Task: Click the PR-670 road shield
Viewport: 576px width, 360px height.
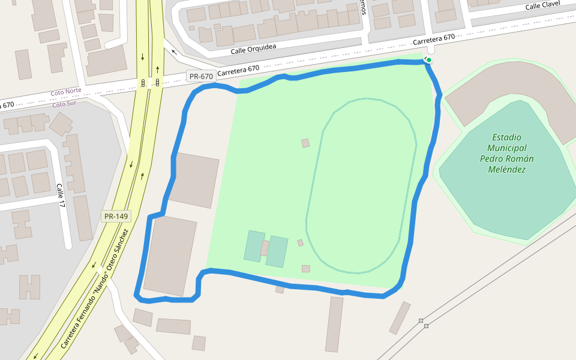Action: (x=201, y=76)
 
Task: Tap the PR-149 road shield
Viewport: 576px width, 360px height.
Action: (x=116, y=217)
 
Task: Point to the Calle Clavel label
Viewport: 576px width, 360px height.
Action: (x=542, y=5)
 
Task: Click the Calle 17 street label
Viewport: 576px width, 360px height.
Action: (x=61, y=196)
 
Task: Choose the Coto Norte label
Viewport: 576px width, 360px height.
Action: (x=66, y=91)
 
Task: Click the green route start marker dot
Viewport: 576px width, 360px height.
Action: (x=429, y=60)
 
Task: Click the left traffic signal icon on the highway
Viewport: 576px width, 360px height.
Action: (x=143, y=82)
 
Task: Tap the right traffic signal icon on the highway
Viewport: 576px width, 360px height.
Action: (x=157, y=82)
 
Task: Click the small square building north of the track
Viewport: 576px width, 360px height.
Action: (x=305, y=143)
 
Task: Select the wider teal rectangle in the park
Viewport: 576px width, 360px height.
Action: (x=277, y=251)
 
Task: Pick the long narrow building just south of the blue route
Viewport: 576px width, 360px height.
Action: (x=334, y=324)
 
